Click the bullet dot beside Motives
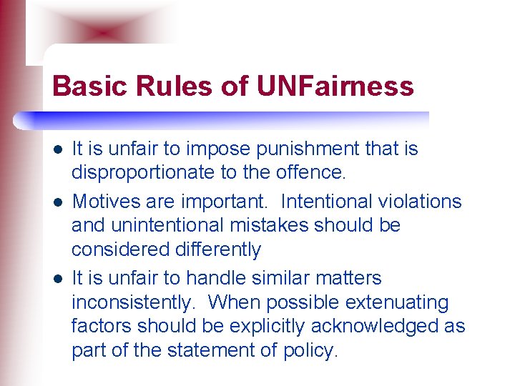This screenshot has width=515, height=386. tap(57, 202)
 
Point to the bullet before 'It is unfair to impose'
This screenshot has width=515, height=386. tap(57, 149)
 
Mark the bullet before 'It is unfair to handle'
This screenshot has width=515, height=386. tap(57, 278)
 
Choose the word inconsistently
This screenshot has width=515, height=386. tap(133, 302)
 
